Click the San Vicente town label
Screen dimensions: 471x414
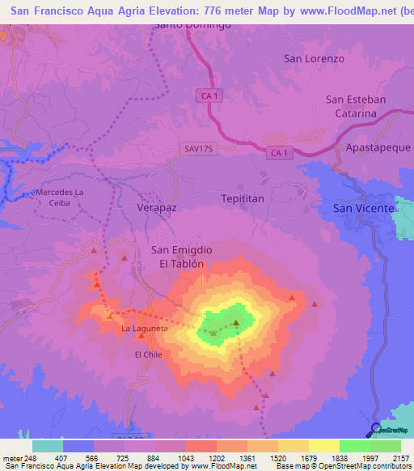364,208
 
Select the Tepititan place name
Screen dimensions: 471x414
243,197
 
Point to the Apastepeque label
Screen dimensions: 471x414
374,149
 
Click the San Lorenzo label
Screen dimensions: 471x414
314,58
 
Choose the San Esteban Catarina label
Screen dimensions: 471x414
356,106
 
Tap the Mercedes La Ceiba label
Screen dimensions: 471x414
59,197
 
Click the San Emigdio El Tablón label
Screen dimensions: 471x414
182,257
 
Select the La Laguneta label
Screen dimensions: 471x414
145,329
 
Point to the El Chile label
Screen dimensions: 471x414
149,354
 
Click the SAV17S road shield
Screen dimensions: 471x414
196,149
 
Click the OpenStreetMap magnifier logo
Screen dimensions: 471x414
374,429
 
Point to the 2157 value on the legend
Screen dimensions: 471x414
400,459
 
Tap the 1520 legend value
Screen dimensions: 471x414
275,459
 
